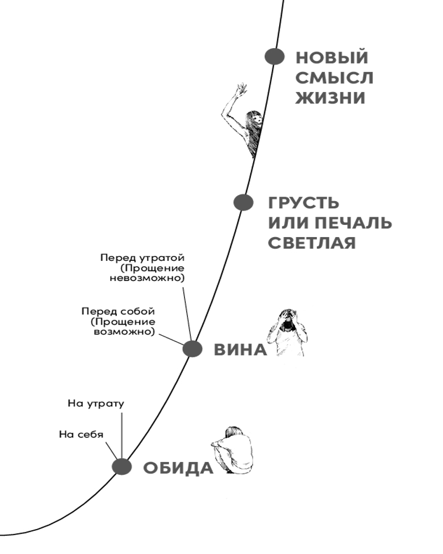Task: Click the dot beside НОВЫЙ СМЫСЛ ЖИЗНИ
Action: tap(274, 56)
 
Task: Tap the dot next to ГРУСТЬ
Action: tap(243, 203)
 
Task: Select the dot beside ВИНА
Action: tap(192, 349)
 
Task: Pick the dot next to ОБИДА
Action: tap(121, 466)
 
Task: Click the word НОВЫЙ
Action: tap(332, 58)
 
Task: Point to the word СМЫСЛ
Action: tap(334, 78)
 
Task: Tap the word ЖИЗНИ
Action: tap(330, 99)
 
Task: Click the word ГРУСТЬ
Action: tap(305, 203)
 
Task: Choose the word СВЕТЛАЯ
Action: tap(312, 243)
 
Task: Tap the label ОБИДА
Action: tap(178, 468)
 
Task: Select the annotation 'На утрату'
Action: tap(96, 403)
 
